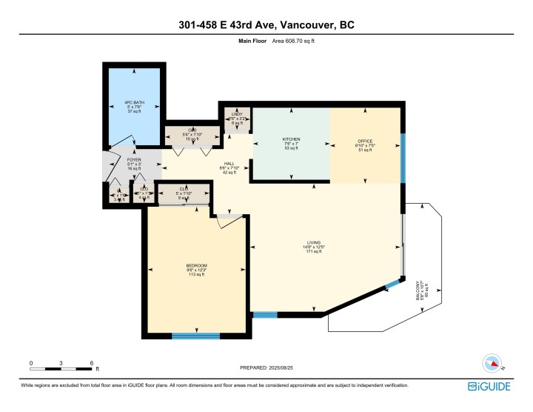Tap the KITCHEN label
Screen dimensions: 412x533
pyautogui.click(x=290, y=139)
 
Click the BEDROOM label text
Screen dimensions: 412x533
pyautogui.click(x=196, y=265)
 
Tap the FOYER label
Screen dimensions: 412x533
pyautogui.click(x=113, y=159)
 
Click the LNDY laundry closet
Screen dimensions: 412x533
pyautogui.click(x=237, y=115)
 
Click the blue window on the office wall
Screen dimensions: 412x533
pyautogui.click(x=403, y=158)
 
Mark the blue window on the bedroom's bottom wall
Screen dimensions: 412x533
pyautogui.click(x=195, y=336)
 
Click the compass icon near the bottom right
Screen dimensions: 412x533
pyautogui.click(x=491, y=363)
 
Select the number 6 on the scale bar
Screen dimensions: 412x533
pyautogui.click(x=92, y=363)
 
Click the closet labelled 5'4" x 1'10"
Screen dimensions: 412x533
pyautogui.click(x=192, y=134)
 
